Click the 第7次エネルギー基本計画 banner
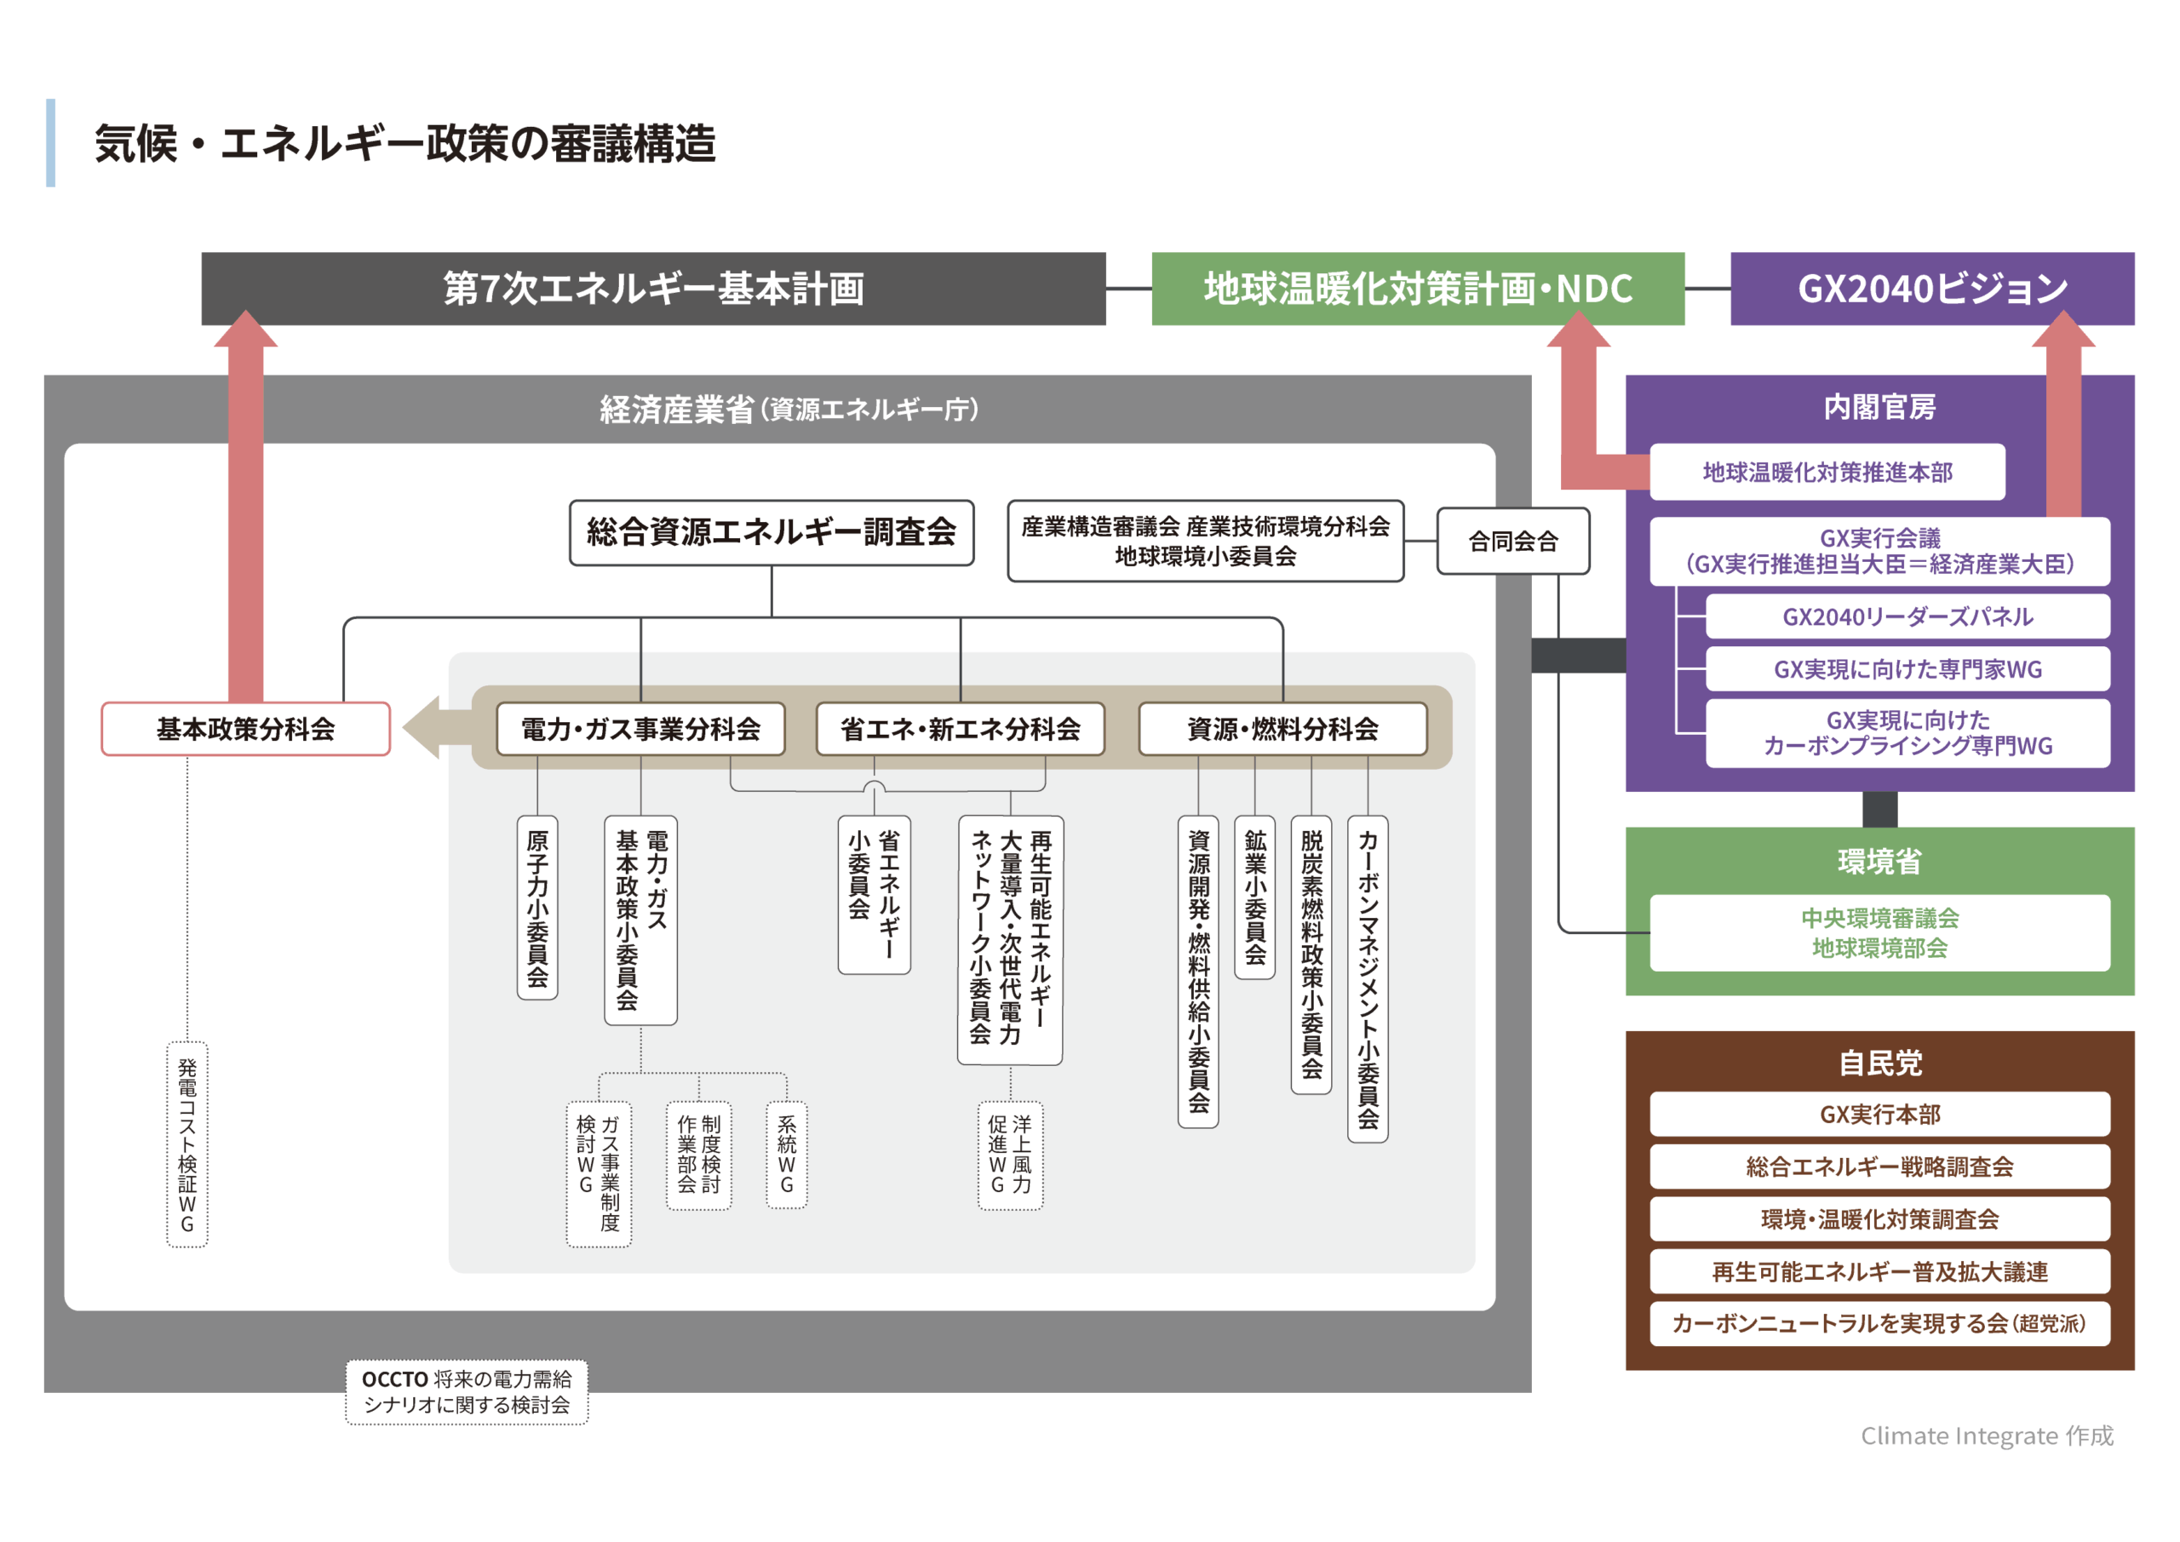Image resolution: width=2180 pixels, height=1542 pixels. click(x=653, y=289)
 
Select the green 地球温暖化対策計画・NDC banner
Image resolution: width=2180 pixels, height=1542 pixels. click(x=1418, y=289)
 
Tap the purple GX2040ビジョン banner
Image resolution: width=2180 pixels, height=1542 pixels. click(x=1931, y=289)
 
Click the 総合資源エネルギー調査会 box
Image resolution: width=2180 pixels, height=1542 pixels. click(x=771, y=533)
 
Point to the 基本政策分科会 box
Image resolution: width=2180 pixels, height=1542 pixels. click(x=246, y=729)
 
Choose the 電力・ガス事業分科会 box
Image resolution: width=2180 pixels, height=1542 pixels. click(x=641, y=729)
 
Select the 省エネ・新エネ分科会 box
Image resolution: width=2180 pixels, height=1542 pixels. click(x=960, y=729)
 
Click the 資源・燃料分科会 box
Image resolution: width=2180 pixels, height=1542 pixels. click(x=1282, y=729)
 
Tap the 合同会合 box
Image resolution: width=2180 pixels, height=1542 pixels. click(x=1512, y=542)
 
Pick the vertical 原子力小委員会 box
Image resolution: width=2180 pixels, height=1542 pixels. click(x=537, y=907)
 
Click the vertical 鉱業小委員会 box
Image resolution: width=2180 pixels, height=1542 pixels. click(x=1254, y=897)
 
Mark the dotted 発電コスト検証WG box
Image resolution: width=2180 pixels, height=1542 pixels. click(x=187, y=1144)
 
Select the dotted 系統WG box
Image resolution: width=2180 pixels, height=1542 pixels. click(x=786, y=1155)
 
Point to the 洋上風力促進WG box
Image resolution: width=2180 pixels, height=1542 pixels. click(x=1010, y=1155)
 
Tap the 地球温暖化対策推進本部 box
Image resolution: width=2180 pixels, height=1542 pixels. click(x=1827, y=472)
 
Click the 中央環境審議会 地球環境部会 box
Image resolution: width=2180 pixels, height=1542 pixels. click(x=1879, y=932)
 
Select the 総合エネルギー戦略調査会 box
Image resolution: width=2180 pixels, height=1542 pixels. click(x=1879, y=1167)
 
